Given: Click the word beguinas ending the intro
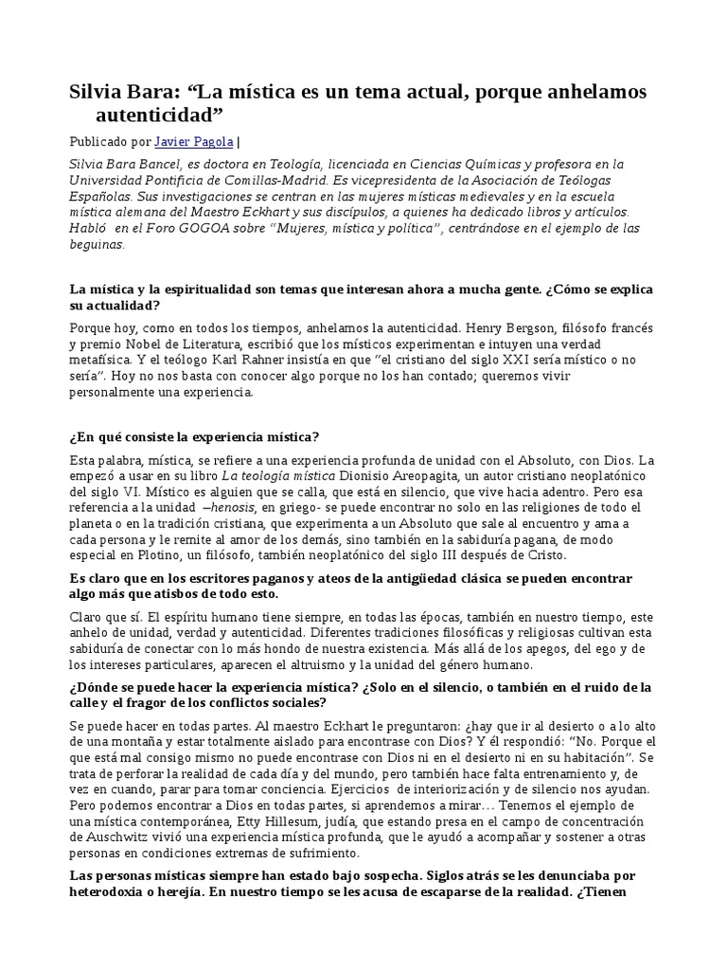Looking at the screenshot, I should click(x=97, y=244).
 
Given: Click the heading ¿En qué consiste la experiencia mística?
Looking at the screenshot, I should click(x=194, y=436).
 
